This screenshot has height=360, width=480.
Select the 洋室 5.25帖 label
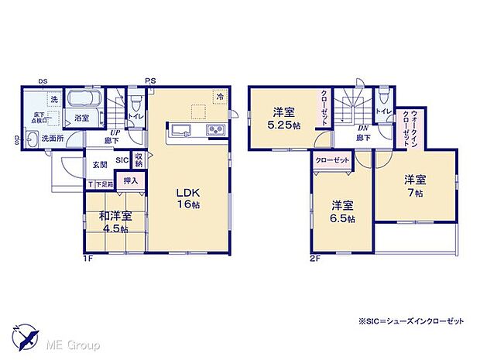pyautogui.click(x=283, y=117)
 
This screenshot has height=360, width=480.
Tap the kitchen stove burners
pyautogui.click(x=214, y=129)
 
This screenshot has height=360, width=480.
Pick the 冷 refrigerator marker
pyautogui.click(x=220, y=97)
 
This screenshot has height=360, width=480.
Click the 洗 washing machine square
pyautogui.click(x=54, y=100)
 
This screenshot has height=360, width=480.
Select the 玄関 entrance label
pyautogui.click(x=101, y=163)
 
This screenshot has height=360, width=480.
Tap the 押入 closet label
pyautogui.click(x=131, y=181)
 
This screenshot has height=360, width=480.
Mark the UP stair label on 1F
pyautogui.click(x=114, y=132)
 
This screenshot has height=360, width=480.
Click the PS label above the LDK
pyautogui.click(x=149, y=80)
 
